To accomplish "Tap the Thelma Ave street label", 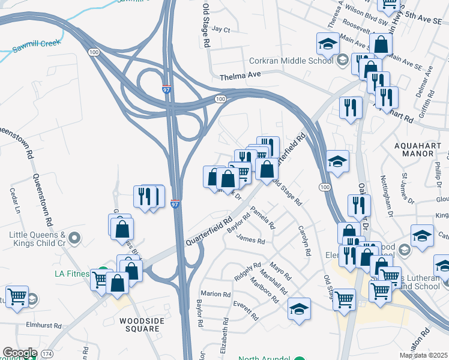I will [241, 77].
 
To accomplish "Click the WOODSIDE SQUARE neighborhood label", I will [142, 321].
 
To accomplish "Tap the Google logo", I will [20, 353].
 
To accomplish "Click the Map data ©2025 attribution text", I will [423, 355].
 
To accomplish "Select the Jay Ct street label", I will [221, 29].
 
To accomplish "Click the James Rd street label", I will [251, 241].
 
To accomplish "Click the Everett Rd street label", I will [246, 310].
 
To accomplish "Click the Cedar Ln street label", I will [15, 201].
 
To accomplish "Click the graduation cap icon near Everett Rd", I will [299, 309].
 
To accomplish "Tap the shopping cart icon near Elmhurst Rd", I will [17, 296].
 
